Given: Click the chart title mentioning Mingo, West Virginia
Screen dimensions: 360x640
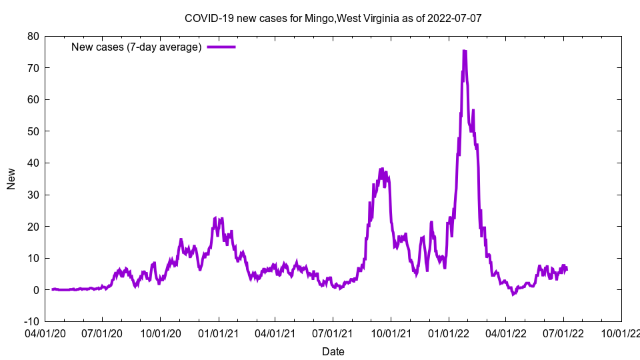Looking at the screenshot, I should (333, 18).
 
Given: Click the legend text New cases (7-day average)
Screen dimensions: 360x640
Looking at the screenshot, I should (136, 47).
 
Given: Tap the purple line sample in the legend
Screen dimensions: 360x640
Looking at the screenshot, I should (221, 47).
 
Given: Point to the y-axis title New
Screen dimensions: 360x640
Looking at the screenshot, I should (11, 179).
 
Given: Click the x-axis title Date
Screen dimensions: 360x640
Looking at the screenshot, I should (333, 351).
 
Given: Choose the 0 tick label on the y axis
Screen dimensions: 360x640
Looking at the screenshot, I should (35, 290).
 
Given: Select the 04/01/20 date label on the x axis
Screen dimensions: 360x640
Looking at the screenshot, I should (45, 331).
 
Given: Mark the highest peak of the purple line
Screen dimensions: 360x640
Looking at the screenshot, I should (464, 51).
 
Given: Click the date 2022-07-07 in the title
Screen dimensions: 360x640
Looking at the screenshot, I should (457, 18).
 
